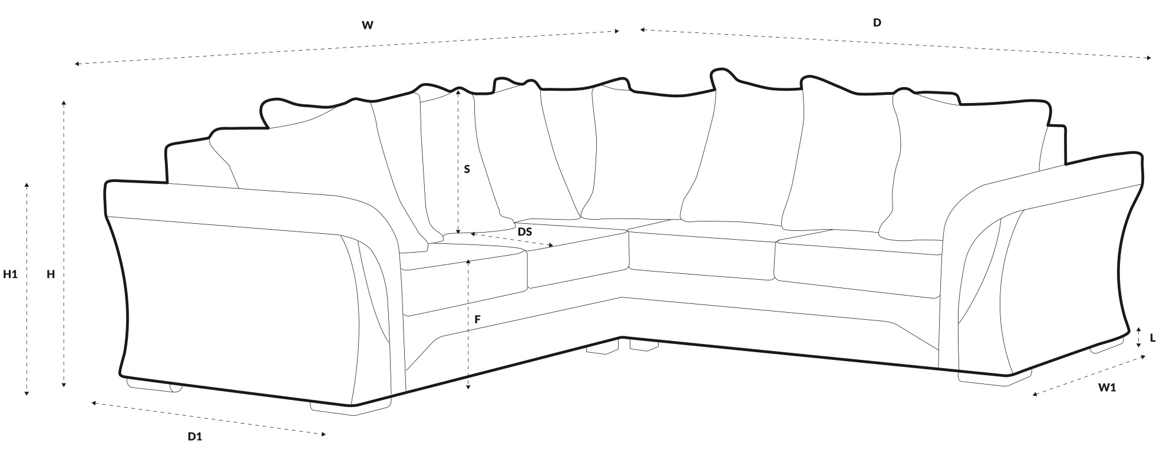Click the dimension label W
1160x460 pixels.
click(x=368, y=25)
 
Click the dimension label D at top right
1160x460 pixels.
click(x=877, y=23)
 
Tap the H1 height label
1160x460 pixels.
click(x=11, y=274)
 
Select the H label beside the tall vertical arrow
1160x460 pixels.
click(x=51, y=274)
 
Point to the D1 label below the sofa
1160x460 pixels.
click(x=195, y=436)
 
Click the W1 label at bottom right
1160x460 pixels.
click(x=1107, y=388)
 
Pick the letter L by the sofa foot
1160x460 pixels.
click(x=1152, y=338)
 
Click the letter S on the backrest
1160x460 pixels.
click(x=467, y=170)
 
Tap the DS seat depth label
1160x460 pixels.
click(x=524, y=232)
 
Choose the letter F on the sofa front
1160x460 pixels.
click(x=478, y=320)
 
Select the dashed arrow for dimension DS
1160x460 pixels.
click(x=511, y=239)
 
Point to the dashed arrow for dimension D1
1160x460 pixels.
click(x=209, y=419)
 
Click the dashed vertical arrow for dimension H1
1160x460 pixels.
click(x=27, y=289)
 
